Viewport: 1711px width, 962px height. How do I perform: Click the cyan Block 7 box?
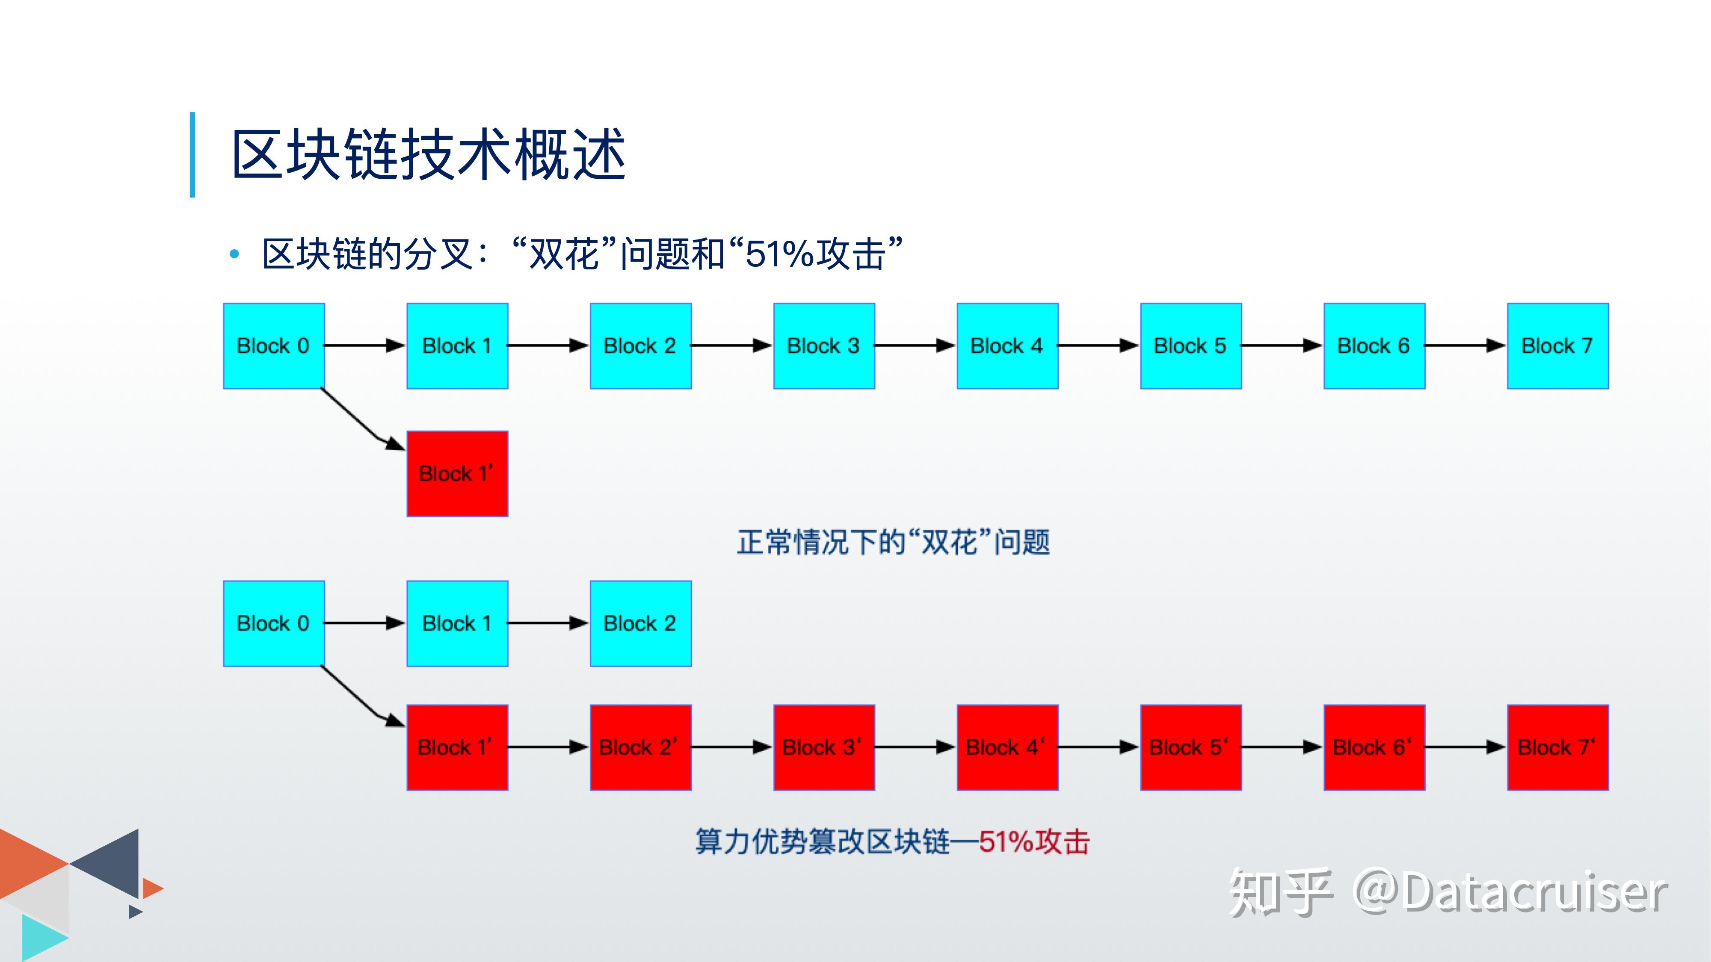(x=1557, y=346)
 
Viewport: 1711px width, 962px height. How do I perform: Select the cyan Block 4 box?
(x=1007, y=346)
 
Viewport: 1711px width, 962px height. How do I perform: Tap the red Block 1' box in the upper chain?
(x=457, y=473)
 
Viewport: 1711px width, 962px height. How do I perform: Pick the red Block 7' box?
(x=1557, y=747)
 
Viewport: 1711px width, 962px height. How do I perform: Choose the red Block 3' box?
(x=823, y=747)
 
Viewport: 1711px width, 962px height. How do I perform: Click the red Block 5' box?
(x=1190, y=747)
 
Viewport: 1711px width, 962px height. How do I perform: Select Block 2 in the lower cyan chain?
(x=640, y=623)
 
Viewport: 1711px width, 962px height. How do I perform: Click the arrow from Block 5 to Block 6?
(x=1282, y=345)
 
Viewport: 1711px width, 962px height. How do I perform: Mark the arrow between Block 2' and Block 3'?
(x=732, y=747)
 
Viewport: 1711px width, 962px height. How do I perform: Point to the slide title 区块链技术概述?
(x=429, y=155)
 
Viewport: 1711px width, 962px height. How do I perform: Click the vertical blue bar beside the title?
(x=192, y=155)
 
